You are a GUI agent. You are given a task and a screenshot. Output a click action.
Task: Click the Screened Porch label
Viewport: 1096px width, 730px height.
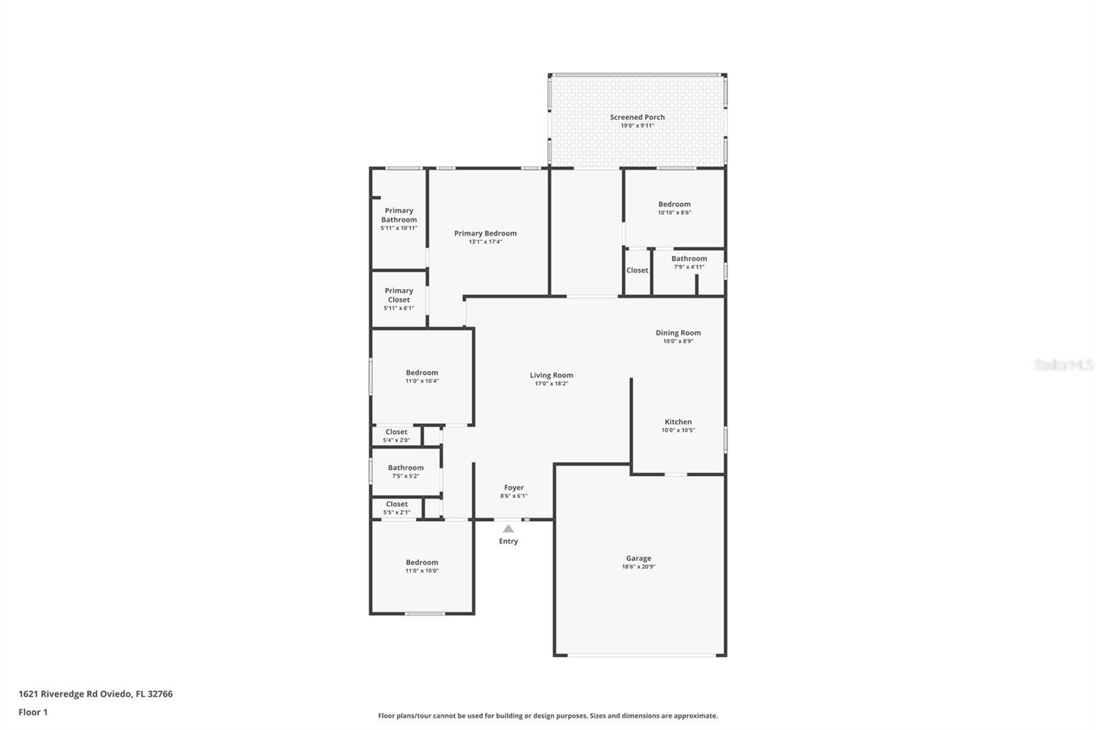pyautogui.click(x=637, y=117)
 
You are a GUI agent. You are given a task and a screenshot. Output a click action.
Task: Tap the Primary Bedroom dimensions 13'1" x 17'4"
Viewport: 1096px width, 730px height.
pyautogui.click(x=485, y=242)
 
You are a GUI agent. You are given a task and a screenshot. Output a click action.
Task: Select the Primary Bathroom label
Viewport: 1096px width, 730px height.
pyautogui.click(x=399, y=215)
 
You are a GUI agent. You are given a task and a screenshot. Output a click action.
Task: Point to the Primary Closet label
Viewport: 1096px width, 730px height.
pyautogui.click(x=399, y=295)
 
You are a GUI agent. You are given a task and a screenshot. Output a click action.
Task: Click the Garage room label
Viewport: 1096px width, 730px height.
pyautogui.click(x=638, y=558)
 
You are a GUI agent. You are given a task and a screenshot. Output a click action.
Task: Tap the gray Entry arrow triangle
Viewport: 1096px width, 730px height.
pyautogui.click(x=508, y=529)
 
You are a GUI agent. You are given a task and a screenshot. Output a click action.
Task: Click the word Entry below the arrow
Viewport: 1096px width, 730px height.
pyautogui.click(x=508, y=541)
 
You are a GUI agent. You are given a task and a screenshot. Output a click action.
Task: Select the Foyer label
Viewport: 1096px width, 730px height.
pyautogui.click(x=514, y=488)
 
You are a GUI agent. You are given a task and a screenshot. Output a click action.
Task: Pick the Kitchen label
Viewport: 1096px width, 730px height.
pyautogui.click(x=678, y=422)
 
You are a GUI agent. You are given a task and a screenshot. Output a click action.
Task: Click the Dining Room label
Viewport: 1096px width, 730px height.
pyautogui.click(x=678, y=333)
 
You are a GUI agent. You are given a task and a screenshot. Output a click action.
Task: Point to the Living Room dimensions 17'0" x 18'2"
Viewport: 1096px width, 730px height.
pyautogui.click(x=551, y=383)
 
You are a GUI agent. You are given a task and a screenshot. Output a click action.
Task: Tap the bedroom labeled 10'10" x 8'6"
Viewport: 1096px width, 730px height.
pyautogui.click(x=674, y=204)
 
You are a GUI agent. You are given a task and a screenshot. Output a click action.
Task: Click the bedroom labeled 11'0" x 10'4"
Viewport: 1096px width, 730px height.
pyautogui.click(x=422, y=373)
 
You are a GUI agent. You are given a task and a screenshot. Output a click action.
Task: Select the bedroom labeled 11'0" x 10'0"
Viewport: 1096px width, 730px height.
pyautogui.click(x=422, y=562)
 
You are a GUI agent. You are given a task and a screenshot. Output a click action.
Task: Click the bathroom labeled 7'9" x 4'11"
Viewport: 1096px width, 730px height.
pyautogui.click(x=689, y=259)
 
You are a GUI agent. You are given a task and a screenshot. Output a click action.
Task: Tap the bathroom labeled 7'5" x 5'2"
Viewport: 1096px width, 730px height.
pyautogui.click(x=406, y=468)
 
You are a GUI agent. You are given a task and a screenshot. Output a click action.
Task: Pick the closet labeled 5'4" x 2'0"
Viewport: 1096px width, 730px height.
pyautogui.click(x=396, y=432)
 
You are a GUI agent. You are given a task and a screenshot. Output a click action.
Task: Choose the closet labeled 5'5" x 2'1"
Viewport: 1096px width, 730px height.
pyautogui.click(x=397, y=504)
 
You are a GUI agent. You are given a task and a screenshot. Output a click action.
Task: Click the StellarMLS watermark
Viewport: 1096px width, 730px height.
pyautogui.click(x=1063, y=365)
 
